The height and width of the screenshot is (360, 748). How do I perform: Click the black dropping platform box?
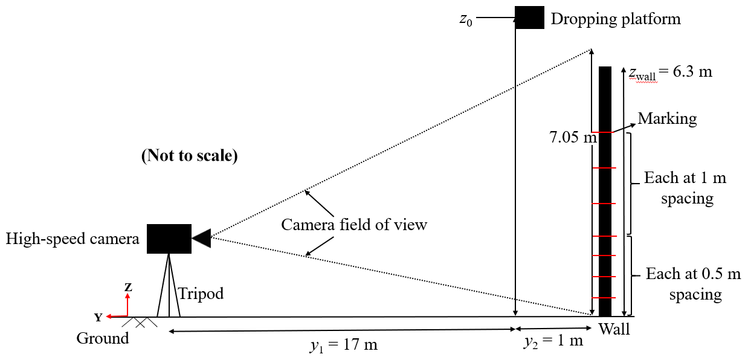coord(529,18)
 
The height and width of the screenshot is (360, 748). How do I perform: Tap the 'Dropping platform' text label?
coord(615,19)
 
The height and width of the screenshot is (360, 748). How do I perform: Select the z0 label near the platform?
coord(465,19)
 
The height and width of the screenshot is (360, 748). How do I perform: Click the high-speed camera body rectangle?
coord(169,238)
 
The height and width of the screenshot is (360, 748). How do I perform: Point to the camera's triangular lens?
coord(201,239)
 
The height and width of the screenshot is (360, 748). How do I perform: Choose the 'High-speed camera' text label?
coord(73,239)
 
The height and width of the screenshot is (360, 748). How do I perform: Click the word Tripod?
coord(201,294)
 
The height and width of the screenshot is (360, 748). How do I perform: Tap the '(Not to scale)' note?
coord(189,155)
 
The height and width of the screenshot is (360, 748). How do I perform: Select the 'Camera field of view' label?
coord(354,225)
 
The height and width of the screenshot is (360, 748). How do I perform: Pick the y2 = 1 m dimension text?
coord(552,341)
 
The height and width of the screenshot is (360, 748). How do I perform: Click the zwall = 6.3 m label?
coord(671,72)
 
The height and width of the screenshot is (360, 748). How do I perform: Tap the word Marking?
coord(667,118)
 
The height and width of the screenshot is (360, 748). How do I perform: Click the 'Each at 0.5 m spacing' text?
coord(692,283)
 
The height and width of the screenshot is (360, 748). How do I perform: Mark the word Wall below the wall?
coord(614,329)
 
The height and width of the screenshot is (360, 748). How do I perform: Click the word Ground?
coord(102,338)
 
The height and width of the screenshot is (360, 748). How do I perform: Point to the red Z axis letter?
coord(128,288)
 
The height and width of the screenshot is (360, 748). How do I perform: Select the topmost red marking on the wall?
coord(605,132)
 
